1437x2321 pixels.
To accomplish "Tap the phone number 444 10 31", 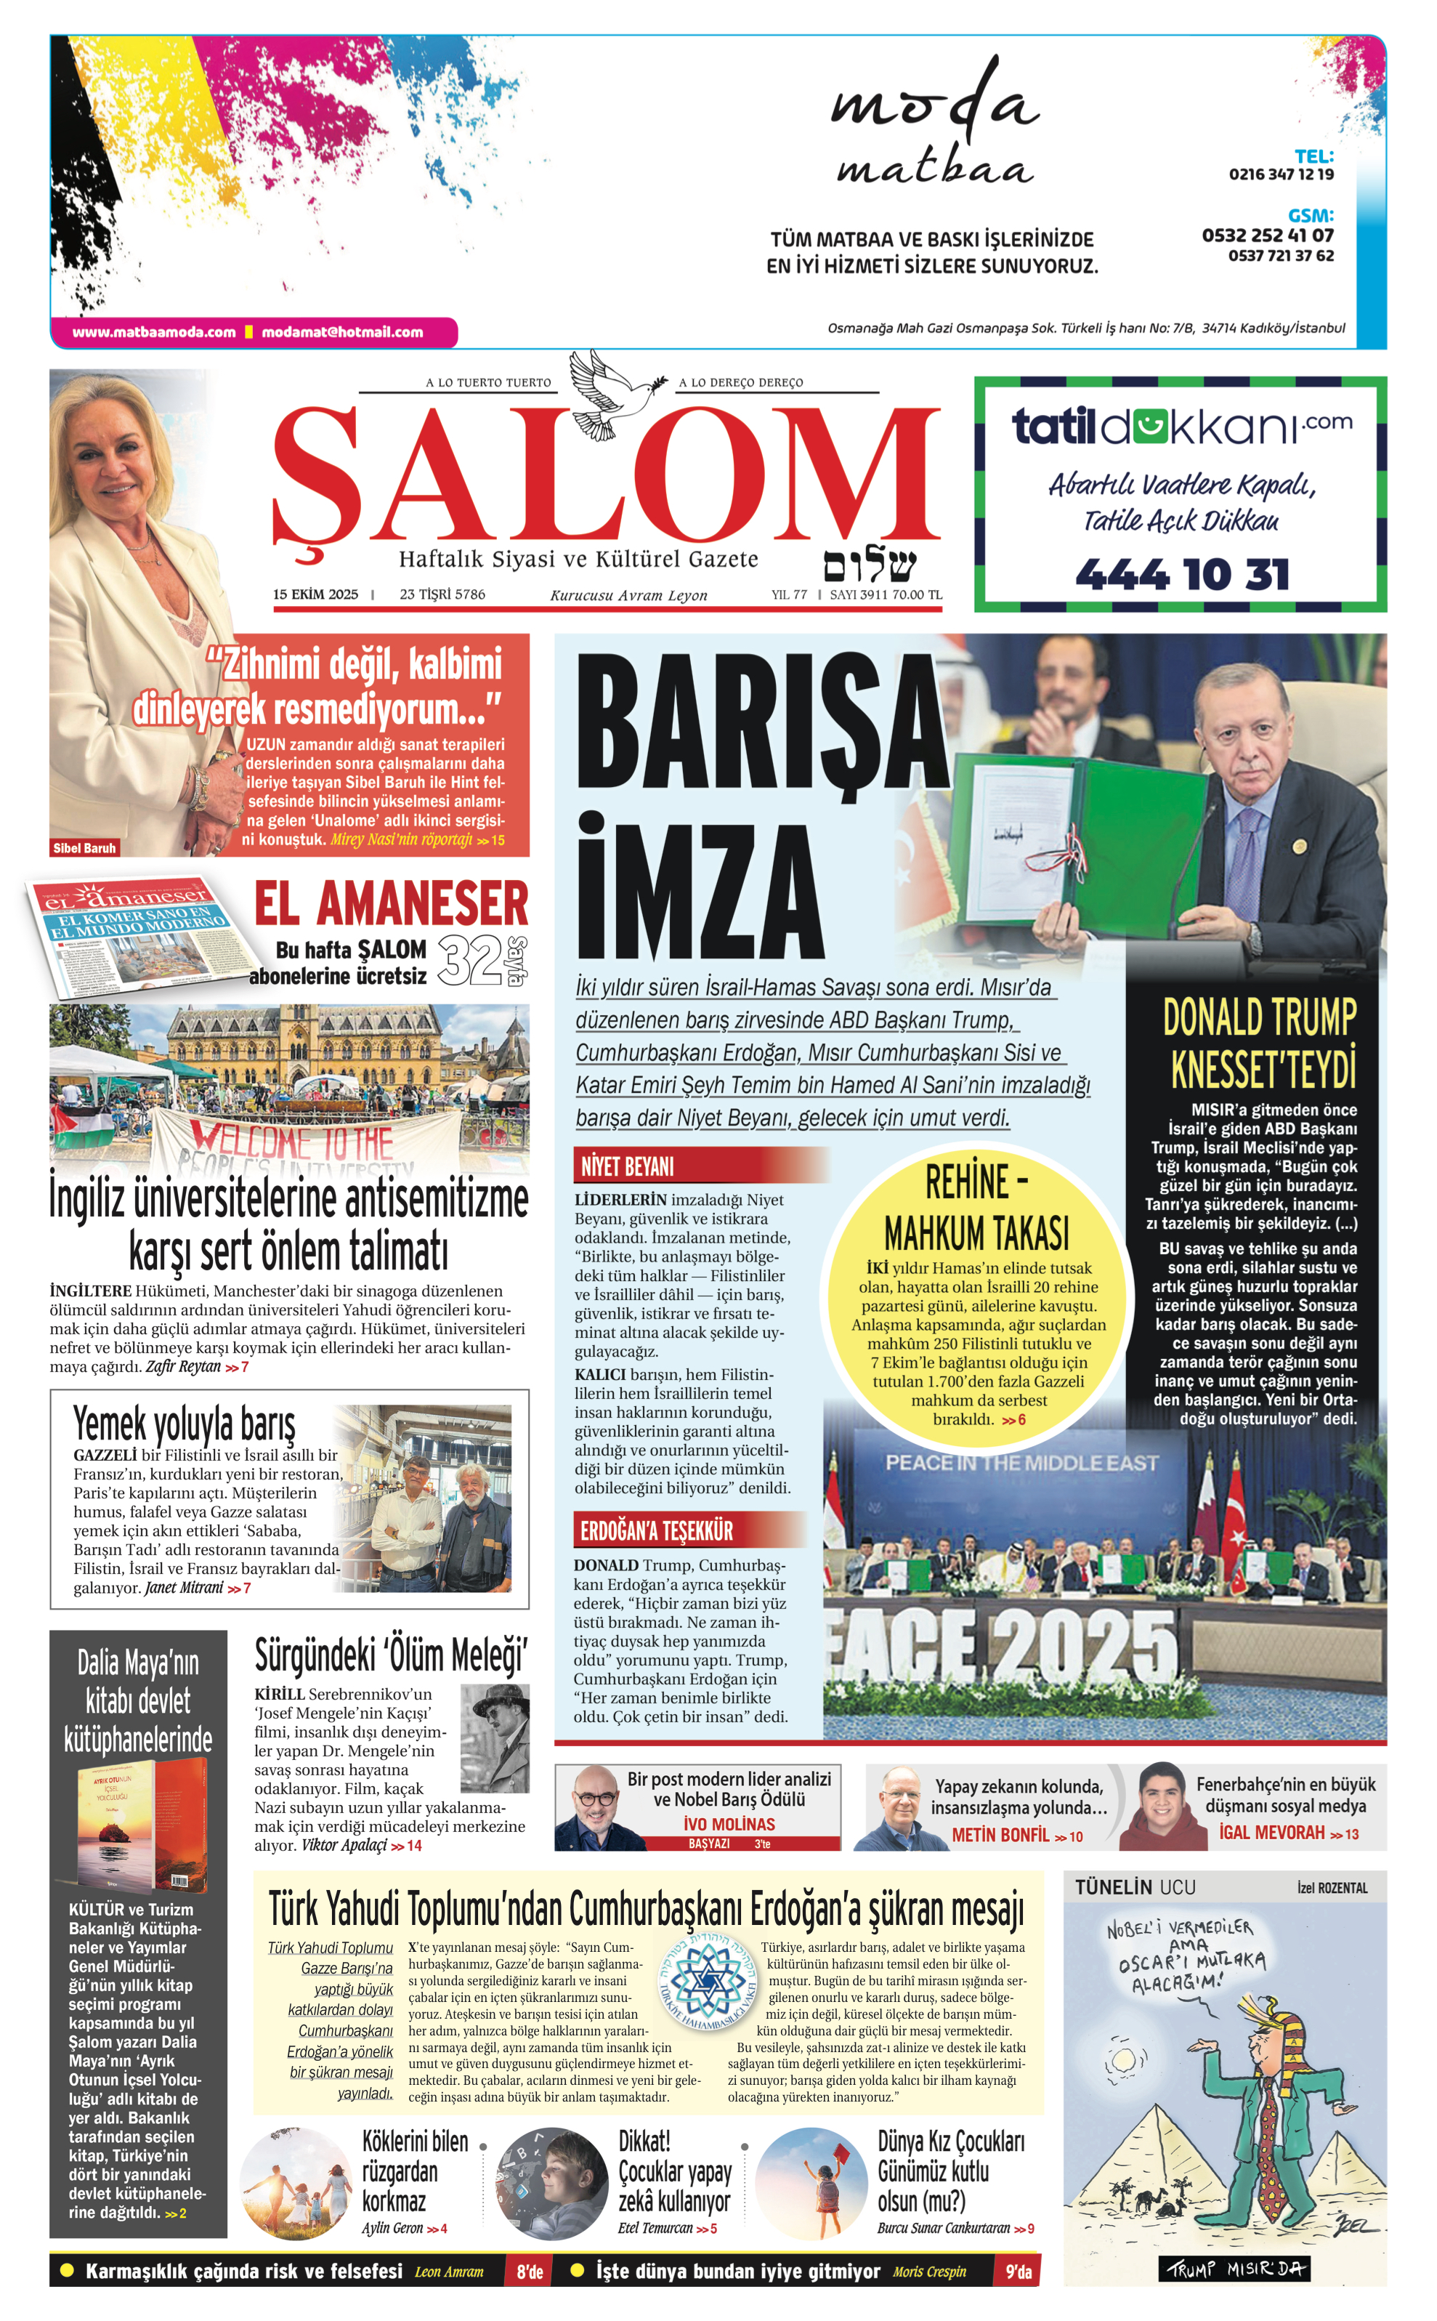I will [x=1181, y=574].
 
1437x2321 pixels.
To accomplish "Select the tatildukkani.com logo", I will [x=1181, y=426].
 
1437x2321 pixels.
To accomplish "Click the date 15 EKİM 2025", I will [x=315, y=595].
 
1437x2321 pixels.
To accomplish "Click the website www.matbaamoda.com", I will [x=154, y=333].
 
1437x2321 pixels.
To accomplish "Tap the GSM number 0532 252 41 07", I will [x=1267, y=235].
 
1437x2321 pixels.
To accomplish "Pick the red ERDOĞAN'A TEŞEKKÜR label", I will [x=657, y=1531].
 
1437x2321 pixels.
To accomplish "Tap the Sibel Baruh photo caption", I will [x=84, y=848].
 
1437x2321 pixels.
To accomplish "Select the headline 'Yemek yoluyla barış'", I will [x=185, y=1423].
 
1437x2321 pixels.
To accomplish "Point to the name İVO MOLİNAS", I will [x=729, y=1824].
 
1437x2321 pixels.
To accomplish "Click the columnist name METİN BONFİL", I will [x=1001, y=1836].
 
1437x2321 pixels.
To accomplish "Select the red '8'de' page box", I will [x=530, y=2272].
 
